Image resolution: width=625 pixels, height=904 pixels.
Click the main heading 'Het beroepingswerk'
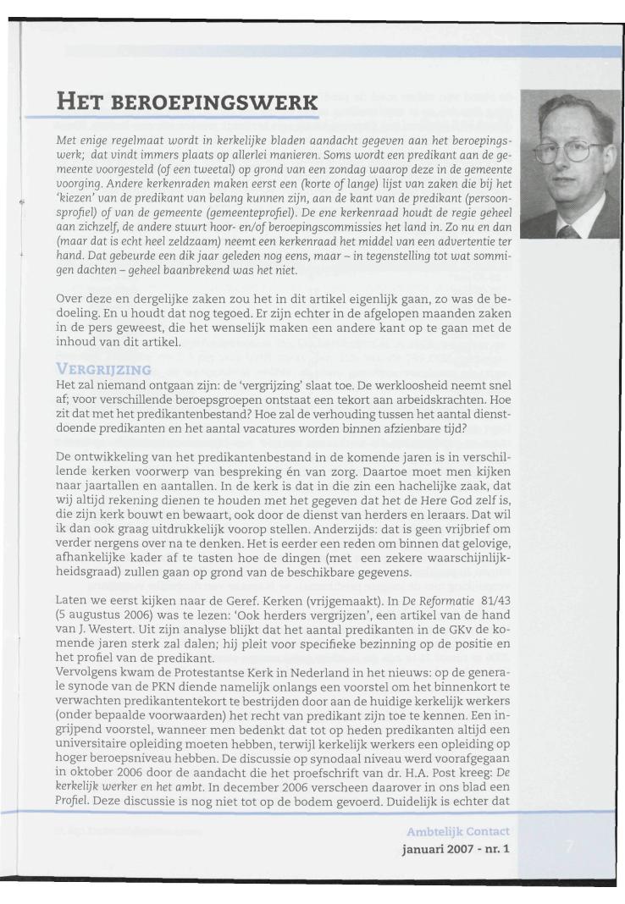click(186, 105)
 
